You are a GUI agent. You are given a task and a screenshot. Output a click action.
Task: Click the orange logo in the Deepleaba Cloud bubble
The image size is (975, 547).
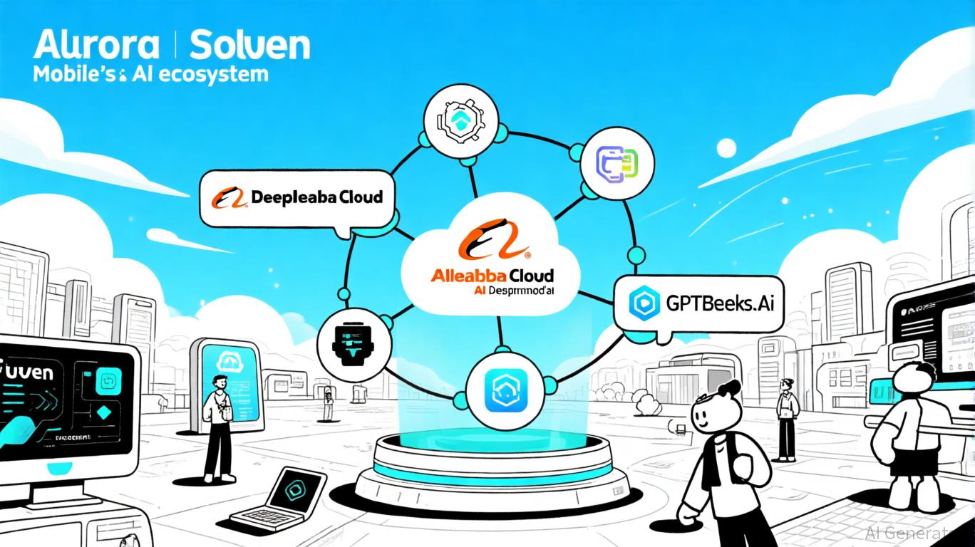click(227, 197)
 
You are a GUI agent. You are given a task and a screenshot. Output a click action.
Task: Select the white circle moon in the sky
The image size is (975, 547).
click(727, 148)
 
